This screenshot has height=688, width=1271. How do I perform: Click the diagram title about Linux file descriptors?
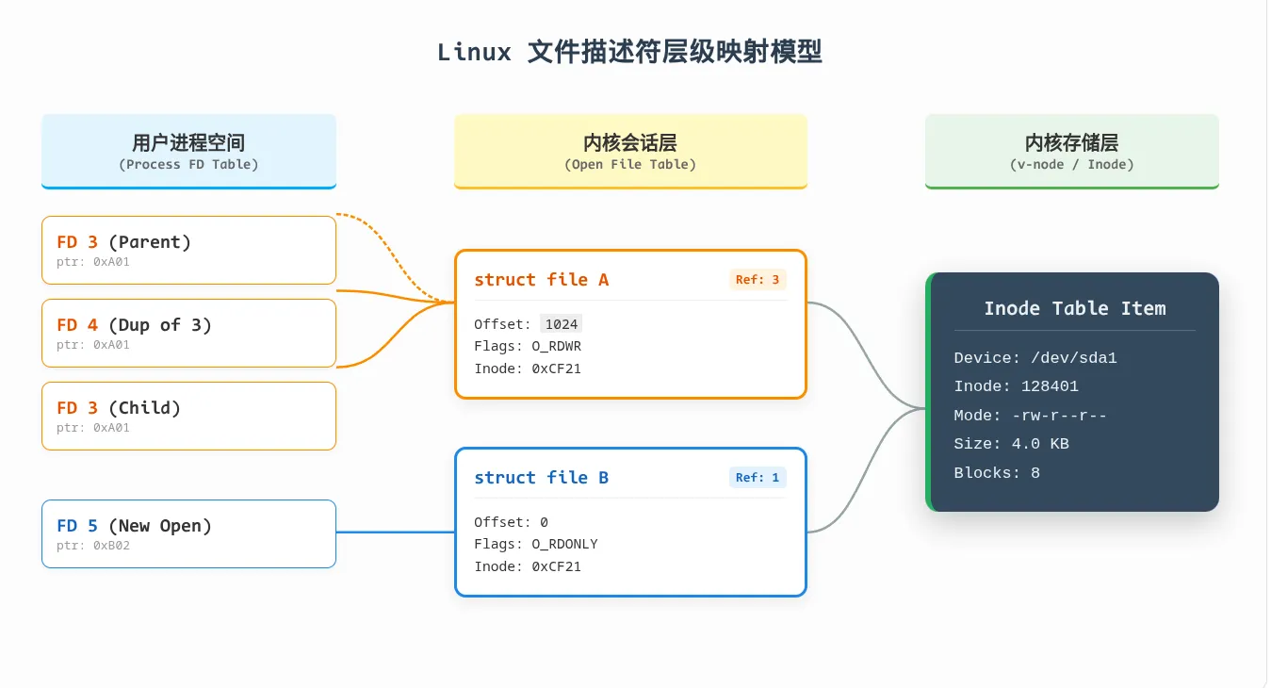click(629, 52)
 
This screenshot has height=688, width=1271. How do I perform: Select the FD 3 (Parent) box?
click(188, 250)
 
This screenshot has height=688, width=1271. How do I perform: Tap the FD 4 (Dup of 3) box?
click(188, 333)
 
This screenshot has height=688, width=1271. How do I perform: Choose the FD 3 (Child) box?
click(188, 416)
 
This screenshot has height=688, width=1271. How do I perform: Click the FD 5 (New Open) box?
click(188, 533)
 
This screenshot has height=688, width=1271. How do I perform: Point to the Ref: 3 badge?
click(758, 279)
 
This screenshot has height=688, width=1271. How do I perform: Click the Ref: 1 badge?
click(758, 477)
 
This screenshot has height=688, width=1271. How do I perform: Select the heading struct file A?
click(542, 280)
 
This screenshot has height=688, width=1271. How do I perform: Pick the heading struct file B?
click(542, 478)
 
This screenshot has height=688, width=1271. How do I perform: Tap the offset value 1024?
click(561, 324)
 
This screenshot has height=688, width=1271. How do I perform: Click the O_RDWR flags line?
click(528, 346)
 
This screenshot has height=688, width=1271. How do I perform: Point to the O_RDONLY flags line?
click(535, 544)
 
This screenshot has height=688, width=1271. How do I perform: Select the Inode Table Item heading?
click(1074, 308)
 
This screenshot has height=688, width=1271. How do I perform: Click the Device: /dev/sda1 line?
click(1035, 358)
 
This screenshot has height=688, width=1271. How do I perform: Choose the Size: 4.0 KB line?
click(1011, 444)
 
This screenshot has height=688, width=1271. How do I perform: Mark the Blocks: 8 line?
click(997, 473)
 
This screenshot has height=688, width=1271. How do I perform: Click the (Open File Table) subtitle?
click(630, 164)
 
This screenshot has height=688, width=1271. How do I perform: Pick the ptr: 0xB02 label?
click(93, 546)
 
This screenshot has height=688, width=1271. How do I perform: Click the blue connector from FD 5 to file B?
click(396, 532)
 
